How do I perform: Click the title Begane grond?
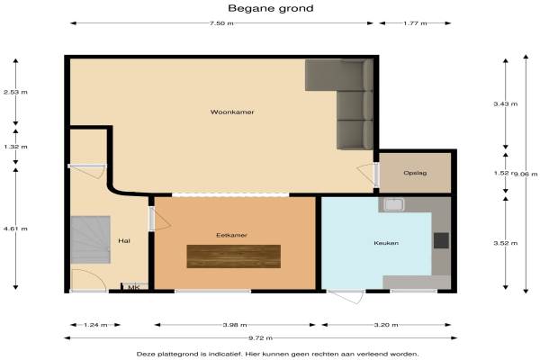pos(271,9)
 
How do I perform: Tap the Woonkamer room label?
pos(232,112)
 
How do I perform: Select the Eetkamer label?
pos(231,235)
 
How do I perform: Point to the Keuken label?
pos(386,243)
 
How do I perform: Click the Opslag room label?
pos(415,173)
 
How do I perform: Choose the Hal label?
pos(124,241)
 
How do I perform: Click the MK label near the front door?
pos(133,287)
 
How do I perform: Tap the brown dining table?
pos(234,256)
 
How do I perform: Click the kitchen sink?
pos(394,204)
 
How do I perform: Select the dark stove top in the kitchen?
pos(441,240)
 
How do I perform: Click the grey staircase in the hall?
pos(91,239)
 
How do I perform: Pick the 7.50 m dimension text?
pos(221,23)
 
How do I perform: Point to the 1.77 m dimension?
pos(415,23)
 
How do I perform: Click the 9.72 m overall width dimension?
pos(261,338)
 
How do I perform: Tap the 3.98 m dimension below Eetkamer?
pos(235,325)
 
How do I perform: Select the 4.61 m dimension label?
pos(15,229)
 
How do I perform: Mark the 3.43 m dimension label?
pos(505,103)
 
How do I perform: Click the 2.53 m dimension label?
pos(15,92)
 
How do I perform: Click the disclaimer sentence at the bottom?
pos(277,354)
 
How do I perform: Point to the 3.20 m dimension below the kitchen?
pos(386,325)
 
